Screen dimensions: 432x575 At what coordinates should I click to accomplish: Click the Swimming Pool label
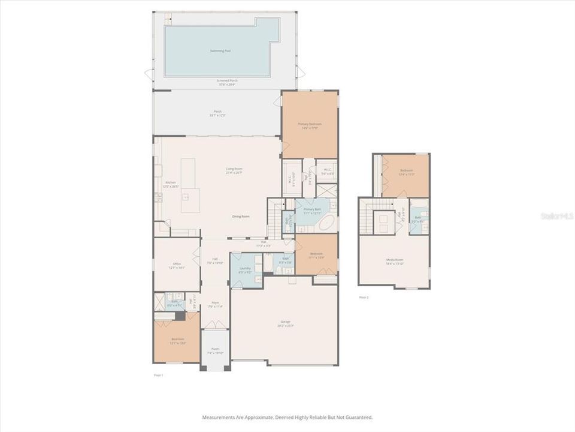[x=220, y=51]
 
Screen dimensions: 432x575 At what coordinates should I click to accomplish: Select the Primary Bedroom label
[x=310, y=124]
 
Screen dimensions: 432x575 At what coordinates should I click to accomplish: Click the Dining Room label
[x=241, y=216]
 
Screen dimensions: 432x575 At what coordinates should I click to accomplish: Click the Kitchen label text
[x=170, y=182]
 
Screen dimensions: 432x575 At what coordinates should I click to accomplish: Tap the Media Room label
[x=395, y=260]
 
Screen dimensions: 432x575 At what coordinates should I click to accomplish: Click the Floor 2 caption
[x=364, y=297]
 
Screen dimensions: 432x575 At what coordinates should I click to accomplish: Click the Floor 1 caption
[x=159, y=375]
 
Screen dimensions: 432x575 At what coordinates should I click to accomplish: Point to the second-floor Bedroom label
[x=407, y=171]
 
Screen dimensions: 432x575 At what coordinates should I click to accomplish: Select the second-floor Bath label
[x=417, y=218]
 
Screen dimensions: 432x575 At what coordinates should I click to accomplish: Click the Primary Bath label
[x=312, y=209]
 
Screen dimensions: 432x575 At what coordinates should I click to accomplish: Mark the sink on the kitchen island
[x=186, y=196]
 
